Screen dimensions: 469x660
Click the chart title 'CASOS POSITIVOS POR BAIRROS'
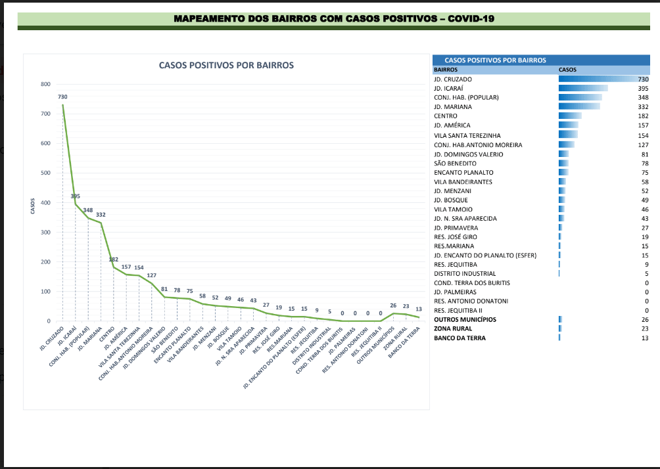[x=226, y=65]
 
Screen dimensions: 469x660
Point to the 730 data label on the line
[x=62, y=97]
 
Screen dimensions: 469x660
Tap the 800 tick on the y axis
[x=45, y=84]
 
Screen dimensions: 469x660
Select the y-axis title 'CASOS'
[x=32, y=206]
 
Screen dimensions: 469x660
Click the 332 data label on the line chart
[x=101, y=215]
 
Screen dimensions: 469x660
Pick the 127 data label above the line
[x=151, y=275]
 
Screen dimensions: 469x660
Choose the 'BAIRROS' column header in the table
[x=446, y=69]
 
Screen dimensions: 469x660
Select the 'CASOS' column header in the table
[x=567, y=69]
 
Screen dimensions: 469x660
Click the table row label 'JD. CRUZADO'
[x=453, y=79]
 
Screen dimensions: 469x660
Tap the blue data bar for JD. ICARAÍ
[x=582, y=88]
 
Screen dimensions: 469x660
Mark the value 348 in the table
[x=642, y=97]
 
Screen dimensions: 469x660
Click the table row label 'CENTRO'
[x=446, y=116]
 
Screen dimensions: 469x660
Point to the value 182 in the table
[x=642, y=116]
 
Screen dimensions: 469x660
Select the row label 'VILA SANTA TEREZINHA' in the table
[x=467, y=135]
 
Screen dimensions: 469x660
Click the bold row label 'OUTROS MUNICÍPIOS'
[x=465, y=320]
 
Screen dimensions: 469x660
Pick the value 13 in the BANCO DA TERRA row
[x=644, y=338]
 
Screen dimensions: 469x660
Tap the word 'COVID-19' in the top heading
[x=471, y=18]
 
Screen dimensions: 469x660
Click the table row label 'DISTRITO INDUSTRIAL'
[x=465, y=273]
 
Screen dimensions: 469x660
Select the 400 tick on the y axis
[x=45, y=203]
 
